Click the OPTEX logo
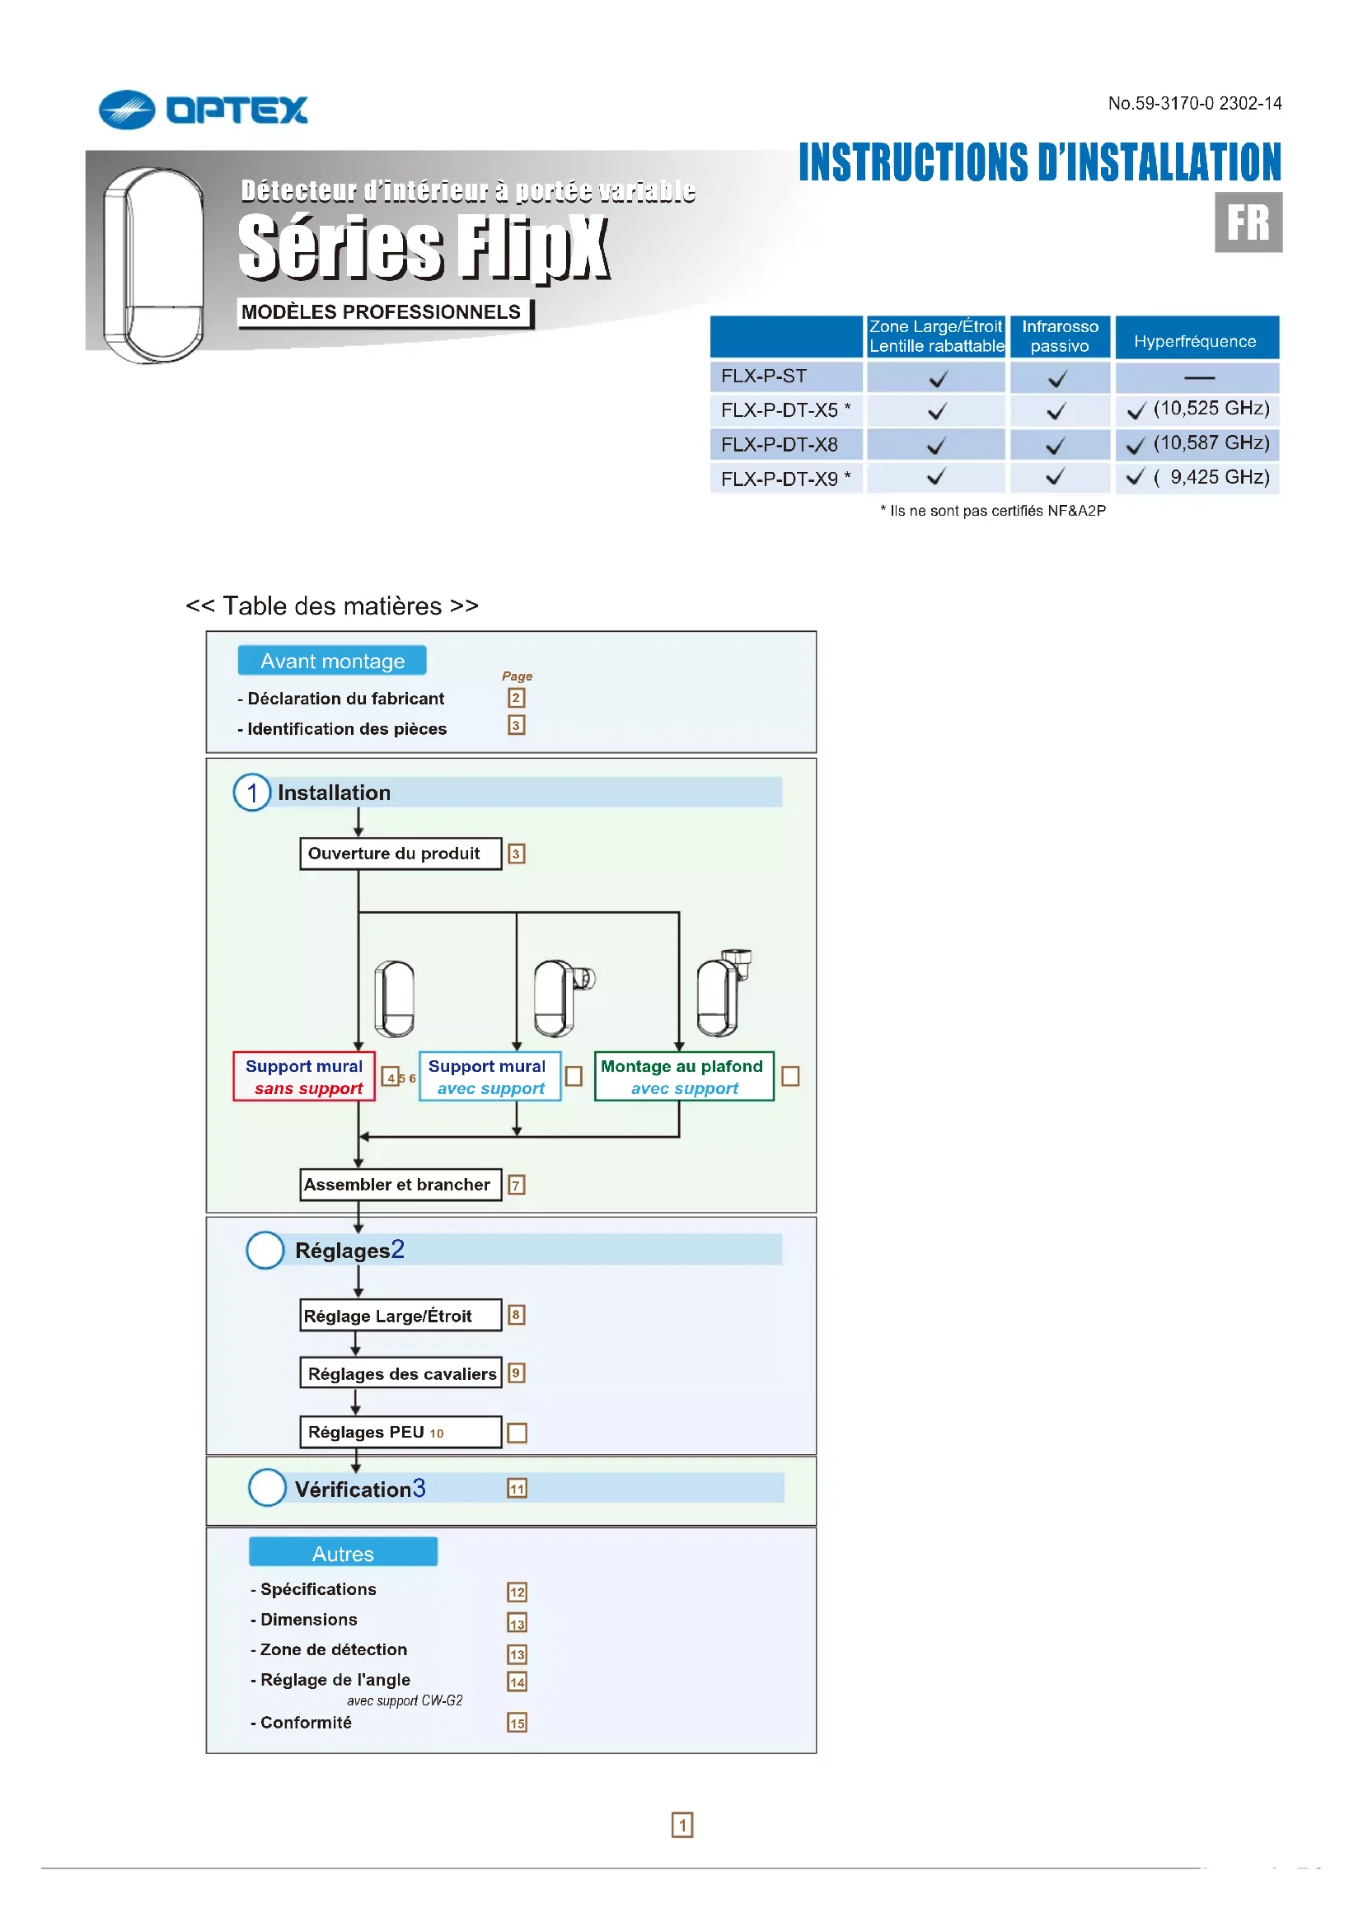[203, 110]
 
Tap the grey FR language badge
[1247, 222]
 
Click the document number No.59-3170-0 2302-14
[1193, 103]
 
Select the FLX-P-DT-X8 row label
[779, 444]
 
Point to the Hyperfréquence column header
[1195, 340]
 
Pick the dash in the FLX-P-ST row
[1198, 377]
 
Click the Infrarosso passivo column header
[1059, 335]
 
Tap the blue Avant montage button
[332, 661]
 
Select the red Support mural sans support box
[304, 1077]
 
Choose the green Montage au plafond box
[683, 1077]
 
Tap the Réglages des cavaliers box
[400, 1373]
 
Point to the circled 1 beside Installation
[252, 793]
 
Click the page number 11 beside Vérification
[517, 1489]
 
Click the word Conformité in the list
[306, 1722]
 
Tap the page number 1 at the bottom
[681, 1825]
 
